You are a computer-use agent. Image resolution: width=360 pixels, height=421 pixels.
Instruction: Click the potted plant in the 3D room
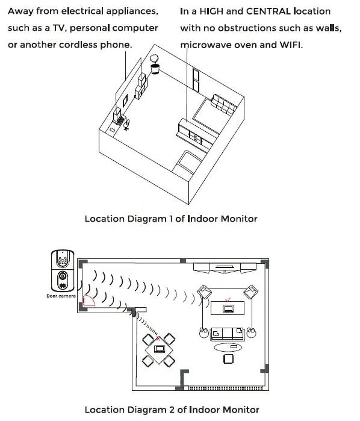(156, 64)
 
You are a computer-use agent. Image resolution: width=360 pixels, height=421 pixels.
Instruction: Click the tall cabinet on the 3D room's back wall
(195, 78)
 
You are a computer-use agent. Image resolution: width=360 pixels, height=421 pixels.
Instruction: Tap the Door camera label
(61, 296)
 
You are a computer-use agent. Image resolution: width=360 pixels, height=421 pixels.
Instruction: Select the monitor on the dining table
(160, 349)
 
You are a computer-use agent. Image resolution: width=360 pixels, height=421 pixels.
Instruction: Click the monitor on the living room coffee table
(228, 309)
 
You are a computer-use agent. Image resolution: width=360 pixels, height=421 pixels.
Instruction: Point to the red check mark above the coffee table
(227, 299)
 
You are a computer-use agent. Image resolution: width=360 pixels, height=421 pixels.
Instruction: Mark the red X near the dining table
(159, 339)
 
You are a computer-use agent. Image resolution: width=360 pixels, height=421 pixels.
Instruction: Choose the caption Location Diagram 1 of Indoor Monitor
(170, 219)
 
